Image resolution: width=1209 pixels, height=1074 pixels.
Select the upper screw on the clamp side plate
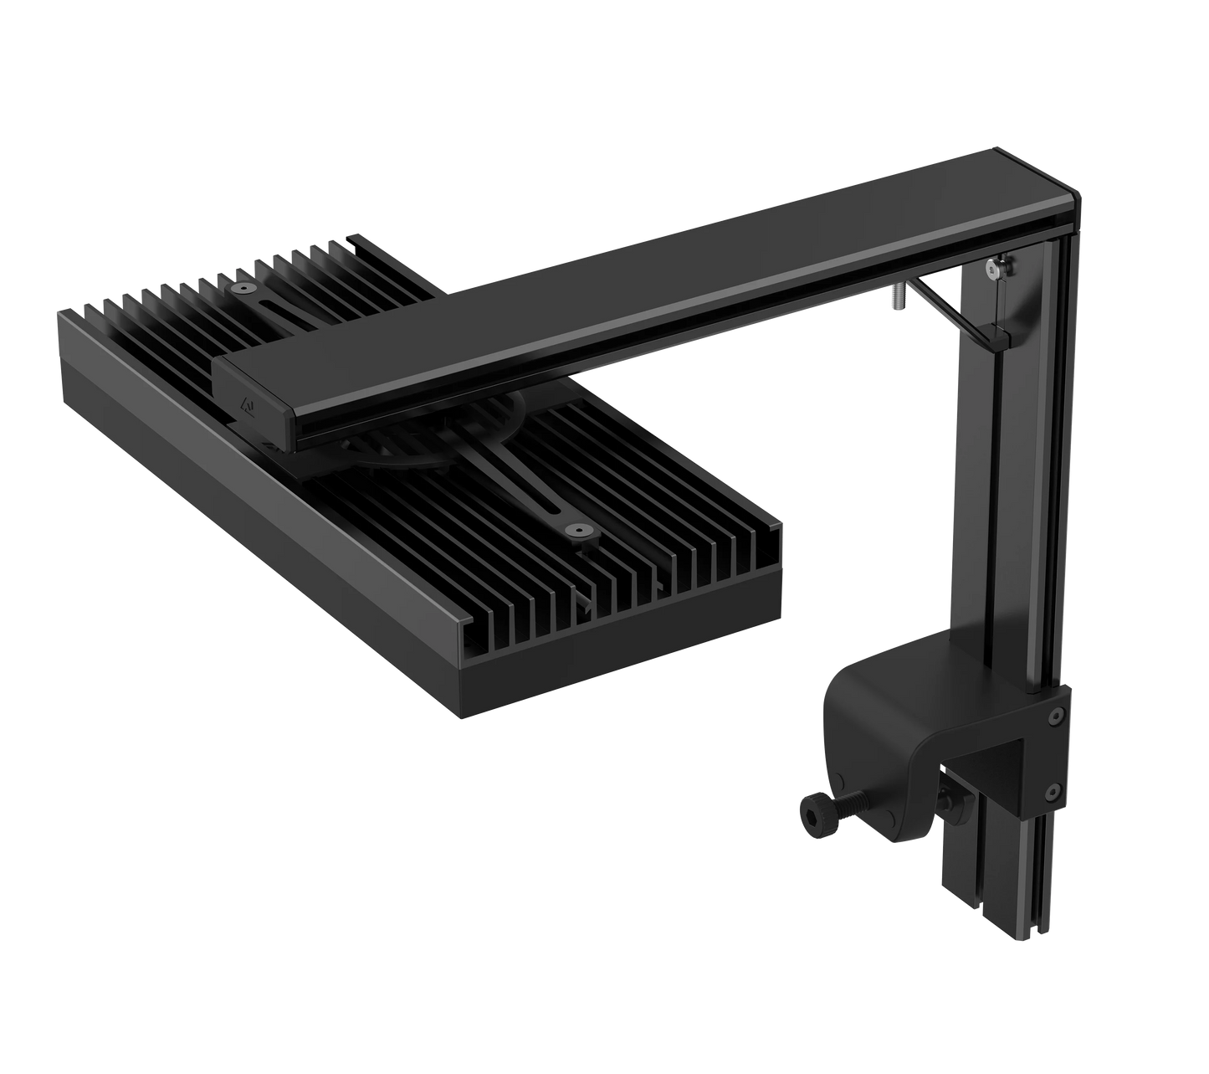pos(1056,716)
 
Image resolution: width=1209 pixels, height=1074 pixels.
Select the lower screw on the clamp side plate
pos(1056,789)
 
